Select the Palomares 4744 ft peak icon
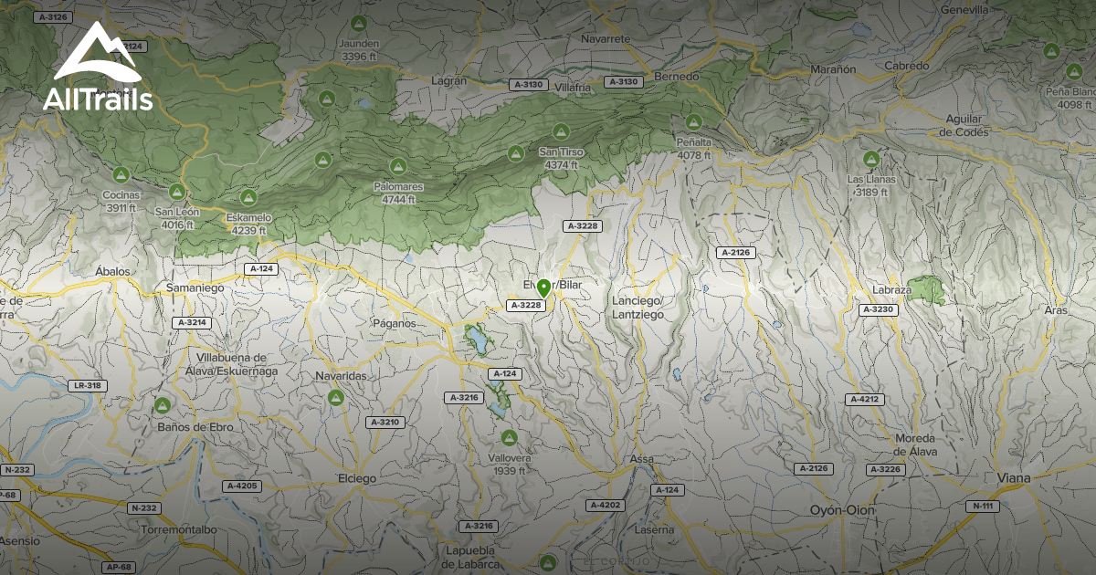pyautogui.click(x=397, y=166)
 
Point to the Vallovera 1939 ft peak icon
pyautogui.click(x=508, y=437)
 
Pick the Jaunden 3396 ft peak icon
pyautogui.click(x=358, y=23)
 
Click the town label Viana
pyautogui.click(x=1014, y=477)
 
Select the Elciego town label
pyautogui.click(x=356, y=477)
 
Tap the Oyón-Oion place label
pyautogui.click(x=842, y=510)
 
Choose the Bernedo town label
pyautogui.click(x=676, y=78)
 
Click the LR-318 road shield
pyautogui.click(x=88, y=385)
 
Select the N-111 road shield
pyautogui.click(x=984, y=506)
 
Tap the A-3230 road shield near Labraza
pyautogui.click(x=880, y=310)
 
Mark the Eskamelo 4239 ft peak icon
pyautogui.click(x=248, y=197)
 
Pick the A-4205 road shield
pyautogui.click(x=241, y=486)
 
